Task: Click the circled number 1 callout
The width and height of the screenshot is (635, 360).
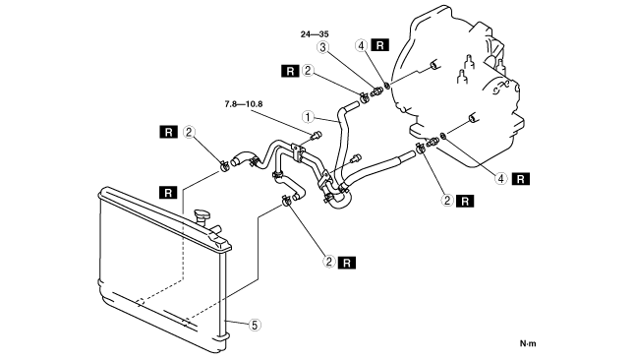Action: coord(308,117)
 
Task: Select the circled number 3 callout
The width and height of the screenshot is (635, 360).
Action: coord(322,47)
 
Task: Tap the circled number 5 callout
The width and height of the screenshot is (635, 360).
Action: coord(255,325)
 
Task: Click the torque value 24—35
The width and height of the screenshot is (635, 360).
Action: coord(315,34)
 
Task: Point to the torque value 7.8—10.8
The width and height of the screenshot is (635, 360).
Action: coord(244,104)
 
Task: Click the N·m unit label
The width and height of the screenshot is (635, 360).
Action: coord(528,343)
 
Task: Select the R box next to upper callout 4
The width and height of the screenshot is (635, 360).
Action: coord(379,45)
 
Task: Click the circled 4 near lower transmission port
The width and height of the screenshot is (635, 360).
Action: coord(501,178)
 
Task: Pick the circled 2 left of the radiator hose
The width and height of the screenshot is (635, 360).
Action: coord(189,132)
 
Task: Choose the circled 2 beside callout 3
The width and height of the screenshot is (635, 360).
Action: coord(308,71)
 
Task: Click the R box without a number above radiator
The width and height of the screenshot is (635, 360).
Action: coord(168,193)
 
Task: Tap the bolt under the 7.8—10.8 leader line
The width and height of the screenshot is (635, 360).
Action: coord(316,136)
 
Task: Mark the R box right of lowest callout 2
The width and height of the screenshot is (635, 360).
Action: coord(347,263)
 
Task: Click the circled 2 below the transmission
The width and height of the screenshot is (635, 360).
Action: coord(447,201)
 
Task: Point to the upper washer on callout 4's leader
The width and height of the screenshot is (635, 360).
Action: coord(386,86)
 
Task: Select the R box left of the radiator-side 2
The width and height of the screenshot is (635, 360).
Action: coord(168,132)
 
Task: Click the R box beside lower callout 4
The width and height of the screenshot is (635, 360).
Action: coord(521,179)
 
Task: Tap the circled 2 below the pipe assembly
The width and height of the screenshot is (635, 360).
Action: coord(329,262)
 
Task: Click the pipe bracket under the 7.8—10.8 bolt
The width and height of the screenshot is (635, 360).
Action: coord(298,152)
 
